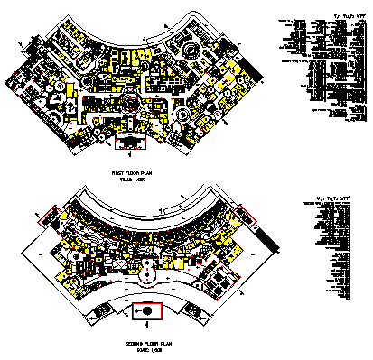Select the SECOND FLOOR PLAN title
[142, 343]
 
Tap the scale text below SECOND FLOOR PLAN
[142, 350]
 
